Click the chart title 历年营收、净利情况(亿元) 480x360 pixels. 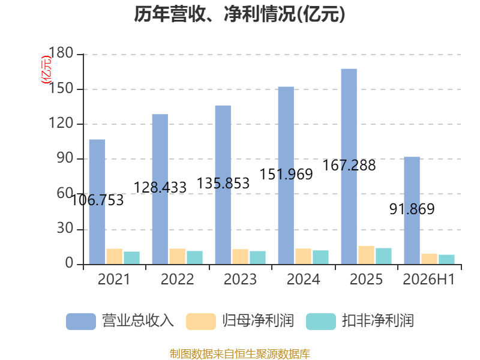(239, 14)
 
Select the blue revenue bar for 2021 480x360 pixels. (97, 202)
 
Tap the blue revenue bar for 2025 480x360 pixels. (349, 167)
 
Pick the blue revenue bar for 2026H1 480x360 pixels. (412, 211)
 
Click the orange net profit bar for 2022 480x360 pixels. (177, 256)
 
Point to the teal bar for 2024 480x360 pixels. (320, 257)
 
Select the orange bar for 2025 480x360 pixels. (367, 255)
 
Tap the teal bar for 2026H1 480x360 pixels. (446, 259)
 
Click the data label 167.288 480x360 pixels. (349, 166)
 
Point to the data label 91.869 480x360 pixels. (412, 209)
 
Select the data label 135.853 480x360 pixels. (223, 184)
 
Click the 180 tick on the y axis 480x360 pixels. (61, 53)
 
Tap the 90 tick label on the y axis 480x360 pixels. (65, 158)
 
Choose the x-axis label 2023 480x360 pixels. (241, 279)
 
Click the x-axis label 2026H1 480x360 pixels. (429, 279)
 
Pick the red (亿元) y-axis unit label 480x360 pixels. (46, 70)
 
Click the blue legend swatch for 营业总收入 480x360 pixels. (81, 322)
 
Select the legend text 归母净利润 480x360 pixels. (258, 321)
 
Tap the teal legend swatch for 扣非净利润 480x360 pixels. (321, 322)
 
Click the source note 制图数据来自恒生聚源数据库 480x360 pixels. (240, 354)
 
